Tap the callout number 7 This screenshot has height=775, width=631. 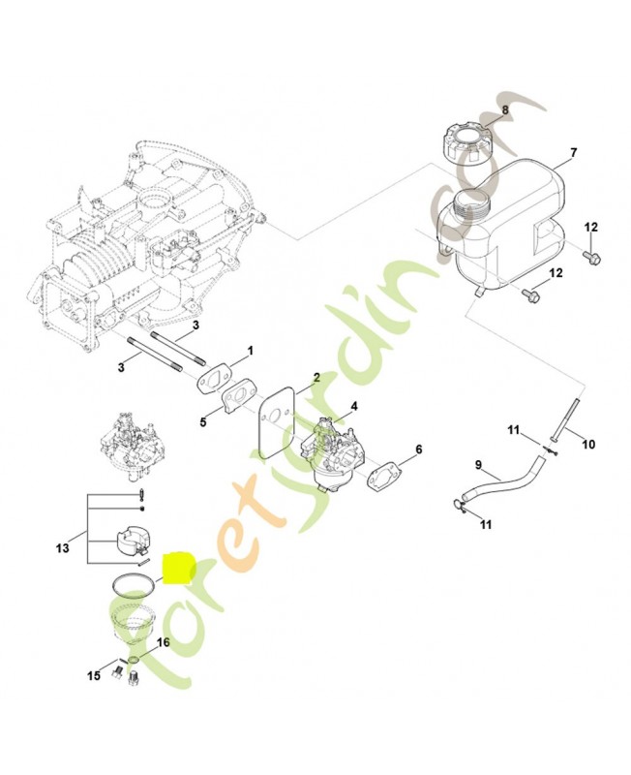(573, 153)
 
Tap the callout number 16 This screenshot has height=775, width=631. (162, 642)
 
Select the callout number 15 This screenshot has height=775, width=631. (95, 675)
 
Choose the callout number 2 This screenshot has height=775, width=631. (315, 377)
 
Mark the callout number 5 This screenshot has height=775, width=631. (203, 421)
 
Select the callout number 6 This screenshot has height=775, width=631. (418, 449)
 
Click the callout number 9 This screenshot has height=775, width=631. (476, 463)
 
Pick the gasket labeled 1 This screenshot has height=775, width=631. (218, 381)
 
